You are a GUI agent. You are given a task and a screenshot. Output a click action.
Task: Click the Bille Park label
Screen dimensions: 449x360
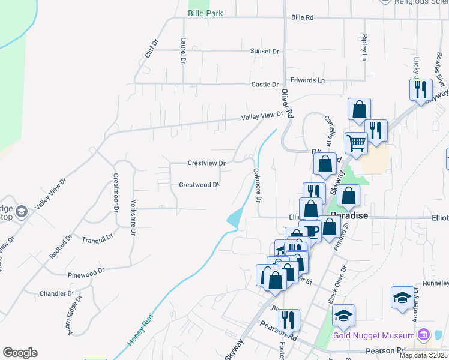[205, 13]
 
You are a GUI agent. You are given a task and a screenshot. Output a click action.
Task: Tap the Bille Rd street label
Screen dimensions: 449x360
[302, 18]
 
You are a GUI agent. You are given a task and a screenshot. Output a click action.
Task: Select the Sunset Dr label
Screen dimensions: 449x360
[265, 51]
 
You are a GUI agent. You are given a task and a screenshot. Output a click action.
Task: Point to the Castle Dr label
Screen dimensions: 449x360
[265, 85]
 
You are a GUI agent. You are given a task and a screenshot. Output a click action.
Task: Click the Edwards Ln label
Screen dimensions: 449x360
[307, 80]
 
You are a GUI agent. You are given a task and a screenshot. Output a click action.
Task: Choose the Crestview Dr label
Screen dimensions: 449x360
[206, 163]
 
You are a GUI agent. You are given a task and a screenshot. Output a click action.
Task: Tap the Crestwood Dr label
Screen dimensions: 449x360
[198, 185]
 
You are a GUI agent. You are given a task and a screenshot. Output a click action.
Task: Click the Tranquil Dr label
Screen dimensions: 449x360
[98, 238]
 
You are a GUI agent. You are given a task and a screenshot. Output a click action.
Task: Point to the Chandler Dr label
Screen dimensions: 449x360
[56, 294]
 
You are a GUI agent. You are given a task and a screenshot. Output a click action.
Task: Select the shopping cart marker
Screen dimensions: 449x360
[356, 143]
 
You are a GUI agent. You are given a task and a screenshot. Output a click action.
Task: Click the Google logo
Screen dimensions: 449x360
[20, 353]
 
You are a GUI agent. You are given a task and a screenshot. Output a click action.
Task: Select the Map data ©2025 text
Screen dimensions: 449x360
[415, 356]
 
